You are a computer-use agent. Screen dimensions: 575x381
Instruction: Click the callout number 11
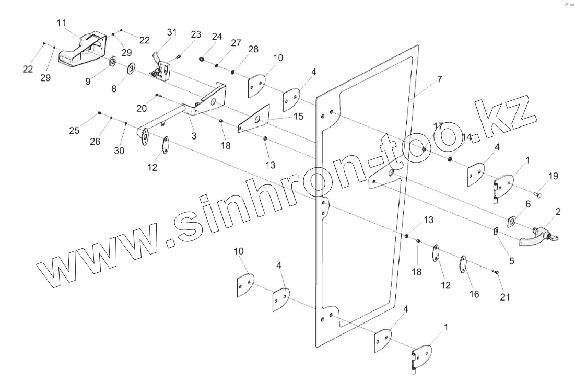(62, 24)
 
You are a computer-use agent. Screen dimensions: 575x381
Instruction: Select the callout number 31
(172, 32)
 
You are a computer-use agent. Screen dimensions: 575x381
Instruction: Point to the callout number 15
(298, 116)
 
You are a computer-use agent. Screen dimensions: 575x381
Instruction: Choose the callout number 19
(553, 176)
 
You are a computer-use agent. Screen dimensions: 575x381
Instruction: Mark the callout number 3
(194, 136)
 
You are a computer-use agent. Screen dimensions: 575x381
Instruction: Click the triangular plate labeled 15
(254, 120)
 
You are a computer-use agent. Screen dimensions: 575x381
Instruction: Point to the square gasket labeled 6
(512, 221)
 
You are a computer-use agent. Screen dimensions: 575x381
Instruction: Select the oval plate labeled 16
(463, 263)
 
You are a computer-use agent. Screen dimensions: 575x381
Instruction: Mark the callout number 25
(75, 130)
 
